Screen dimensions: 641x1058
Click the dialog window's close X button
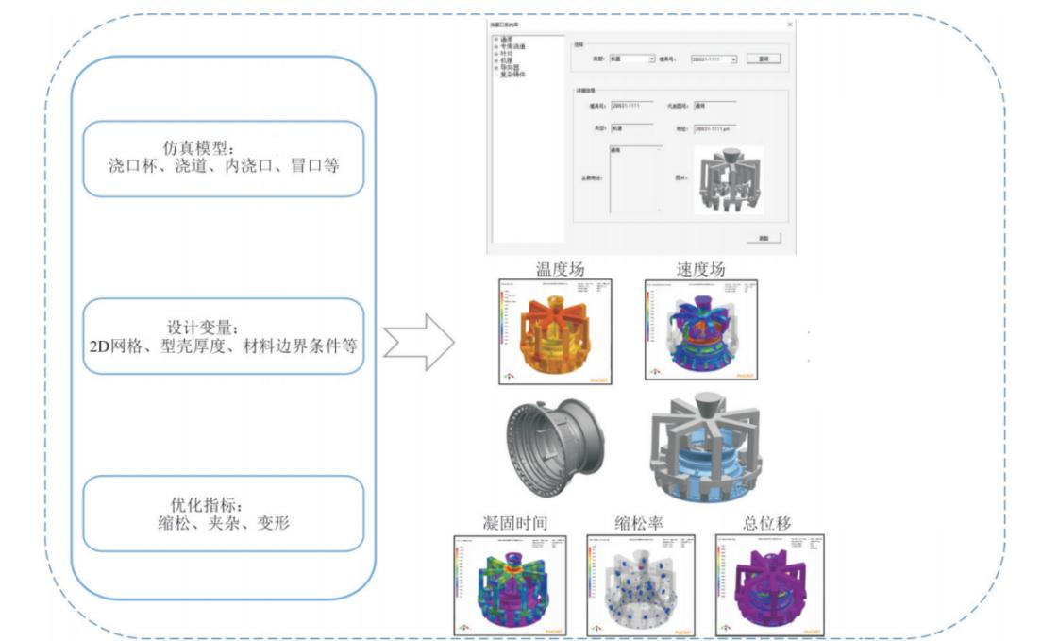coord(789,24)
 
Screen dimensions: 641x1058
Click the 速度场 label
coord(700,269)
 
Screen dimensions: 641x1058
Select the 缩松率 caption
coord(637,522)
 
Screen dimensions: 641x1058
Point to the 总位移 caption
coord(766,522)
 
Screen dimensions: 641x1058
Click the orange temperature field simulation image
coord(555,330)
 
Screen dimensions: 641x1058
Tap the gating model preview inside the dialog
coord(728,179)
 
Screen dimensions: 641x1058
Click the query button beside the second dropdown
coord(764,59)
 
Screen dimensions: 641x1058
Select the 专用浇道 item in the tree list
coord(514,46)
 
